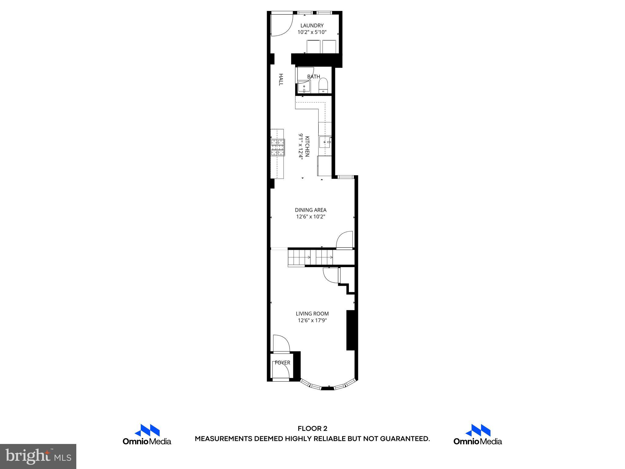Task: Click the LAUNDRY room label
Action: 312,26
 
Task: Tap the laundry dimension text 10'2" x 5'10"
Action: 312,32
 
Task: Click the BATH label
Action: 313,77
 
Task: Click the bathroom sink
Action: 304,87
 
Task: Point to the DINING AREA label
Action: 311,210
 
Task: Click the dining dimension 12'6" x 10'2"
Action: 311,217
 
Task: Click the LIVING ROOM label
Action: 312,314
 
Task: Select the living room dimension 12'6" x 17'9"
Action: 312,320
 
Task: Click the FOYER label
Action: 282,363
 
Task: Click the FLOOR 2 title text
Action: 312,429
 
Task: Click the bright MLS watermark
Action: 38,456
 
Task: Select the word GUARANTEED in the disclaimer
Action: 405,439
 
